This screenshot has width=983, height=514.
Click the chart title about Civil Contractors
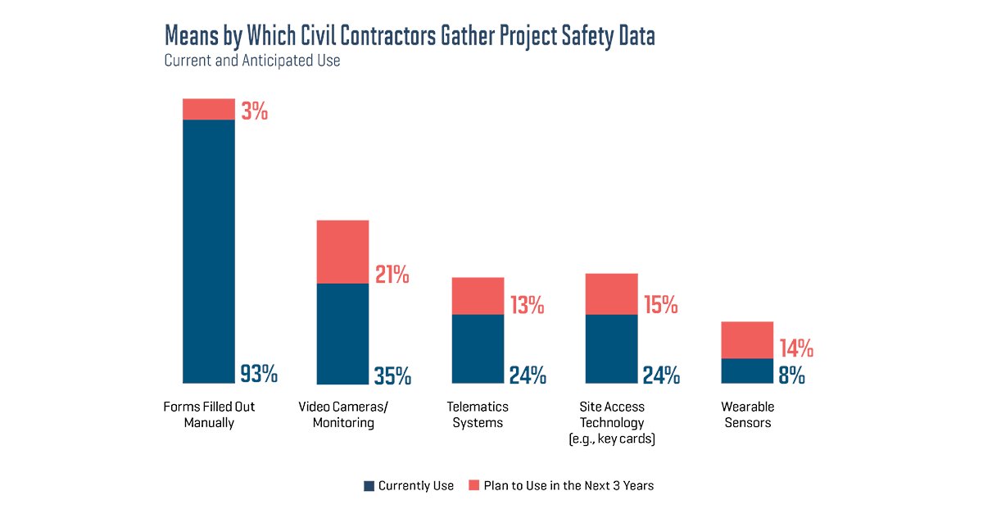point(410,36)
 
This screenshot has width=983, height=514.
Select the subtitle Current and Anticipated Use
point(251,61)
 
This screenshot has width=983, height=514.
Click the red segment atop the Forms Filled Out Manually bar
point(208,109)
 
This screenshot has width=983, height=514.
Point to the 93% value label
point(259,375)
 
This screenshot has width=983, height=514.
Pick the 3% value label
point(254,111)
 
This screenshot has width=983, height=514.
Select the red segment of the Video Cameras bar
point(342,252)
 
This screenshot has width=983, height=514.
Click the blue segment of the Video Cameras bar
point(342,334)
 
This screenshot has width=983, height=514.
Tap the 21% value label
point(392,275)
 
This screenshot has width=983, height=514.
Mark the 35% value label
point(392,375)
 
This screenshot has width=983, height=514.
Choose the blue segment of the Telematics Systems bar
point(478,349)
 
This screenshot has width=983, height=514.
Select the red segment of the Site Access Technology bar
point(611,293)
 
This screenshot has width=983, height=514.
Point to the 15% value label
point(660,306)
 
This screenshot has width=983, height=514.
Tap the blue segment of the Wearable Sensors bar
point(747,371)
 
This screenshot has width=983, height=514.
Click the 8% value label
point(791,375)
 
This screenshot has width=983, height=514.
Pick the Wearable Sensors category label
point(747,415)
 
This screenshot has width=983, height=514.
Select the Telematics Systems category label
point(478,415)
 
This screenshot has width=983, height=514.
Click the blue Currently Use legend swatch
point(369,486)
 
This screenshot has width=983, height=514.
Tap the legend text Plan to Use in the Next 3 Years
point(569,485)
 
